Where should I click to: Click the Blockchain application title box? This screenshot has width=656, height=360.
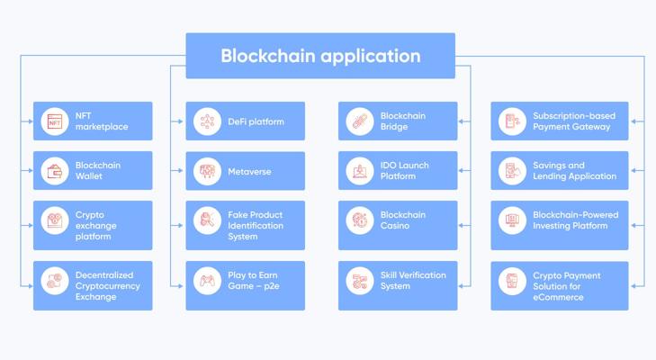(320, 56)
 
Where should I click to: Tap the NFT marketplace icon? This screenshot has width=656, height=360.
(55, 121)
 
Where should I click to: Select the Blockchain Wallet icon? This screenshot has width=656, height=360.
(55, 171)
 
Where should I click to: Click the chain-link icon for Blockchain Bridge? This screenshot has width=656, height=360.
(360, 121)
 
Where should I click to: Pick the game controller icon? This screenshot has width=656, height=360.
(207, 281)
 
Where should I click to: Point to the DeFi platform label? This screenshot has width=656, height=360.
(256, 121)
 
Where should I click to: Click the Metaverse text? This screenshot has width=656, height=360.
(249, 171)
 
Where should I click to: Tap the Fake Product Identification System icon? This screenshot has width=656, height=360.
(207, 220)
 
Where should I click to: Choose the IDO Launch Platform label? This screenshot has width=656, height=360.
(405, 171)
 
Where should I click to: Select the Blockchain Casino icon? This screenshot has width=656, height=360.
(360, 220)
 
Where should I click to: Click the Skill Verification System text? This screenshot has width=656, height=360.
(413, 281)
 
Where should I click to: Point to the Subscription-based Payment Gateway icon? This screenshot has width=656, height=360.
(512, 121)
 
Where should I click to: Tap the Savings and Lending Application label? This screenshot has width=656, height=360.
(574, 171)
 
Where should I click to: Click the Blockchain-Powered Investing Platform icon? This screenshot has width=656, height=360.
(512, 220)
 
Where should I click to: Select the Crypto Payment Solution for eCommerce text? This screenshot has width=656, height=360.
(567, 286)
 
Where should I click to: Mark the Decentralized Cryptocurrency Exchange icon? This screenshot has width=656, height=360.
(55, 281)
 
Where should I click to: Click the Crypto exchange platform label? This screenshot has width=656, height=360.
(95, 226)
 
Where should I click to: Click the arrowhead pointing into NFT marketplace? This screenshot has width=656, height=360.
(31, 121)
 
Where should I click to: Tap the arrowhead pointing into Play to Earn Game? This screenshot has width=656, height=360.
(180, 286)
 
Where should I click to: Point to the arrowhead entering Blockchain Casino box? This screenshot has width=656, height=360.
(461, 225)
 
